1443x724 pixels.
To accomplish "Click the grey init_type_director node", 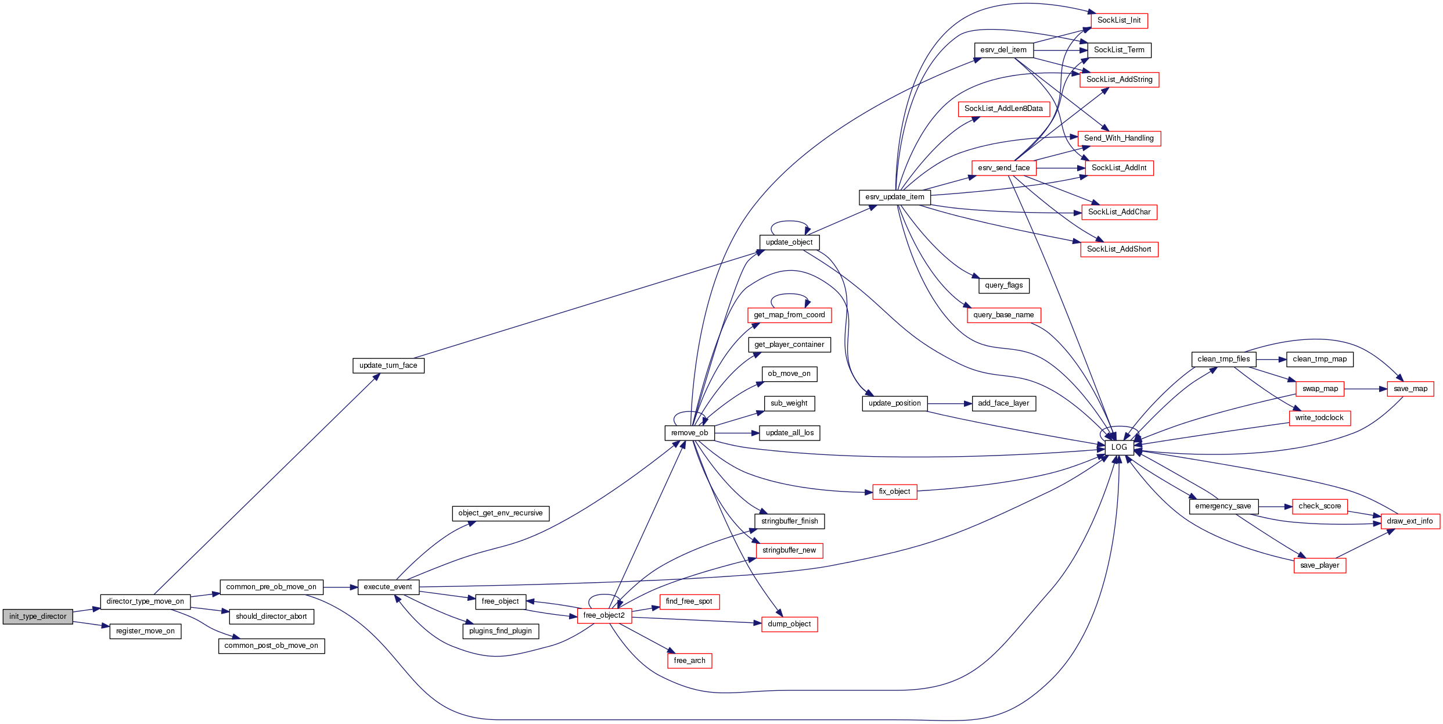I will tap(38, 617).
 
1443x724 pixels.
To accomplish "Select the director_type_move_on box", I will tap(145, 601).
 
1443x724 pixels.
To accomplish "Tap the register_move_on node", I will tap(145, 631).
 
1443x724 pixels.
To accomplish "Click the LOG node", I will tap(1118, 447).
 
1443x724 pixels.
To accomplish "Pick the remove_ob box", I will tap(689, 433).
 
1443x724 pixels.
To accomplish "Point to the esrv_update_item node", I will tap(894, 197).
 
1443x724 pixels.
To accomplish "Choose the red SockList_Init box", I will tap(1118, 20).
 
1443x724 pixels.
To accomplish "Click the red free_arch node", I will tap(689, 661).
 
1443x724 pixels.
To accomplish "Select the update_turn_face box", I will tap(388, 365).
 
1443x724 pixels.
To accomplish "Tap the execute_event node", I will tap(388, 587).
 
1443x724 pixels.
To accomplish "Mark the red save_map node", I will tap(1410, 389).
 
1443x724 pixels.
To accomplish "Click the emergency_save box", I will tap(1223, 506).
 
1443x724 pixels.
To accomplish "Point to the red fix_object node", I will tap(894, 492).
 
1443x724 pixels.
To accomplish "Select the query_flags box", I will tap(1003, 285).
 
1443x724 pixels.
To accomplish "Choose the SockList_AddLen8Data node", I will tap(1003, 109).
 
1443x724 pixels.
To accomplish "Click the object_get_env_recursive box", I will tap(500, 513).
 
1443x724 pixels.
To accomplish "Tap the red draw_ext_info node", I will tap(1409, 521).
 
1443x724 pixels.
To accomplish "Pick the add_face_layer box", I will tap(1003, 403).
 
